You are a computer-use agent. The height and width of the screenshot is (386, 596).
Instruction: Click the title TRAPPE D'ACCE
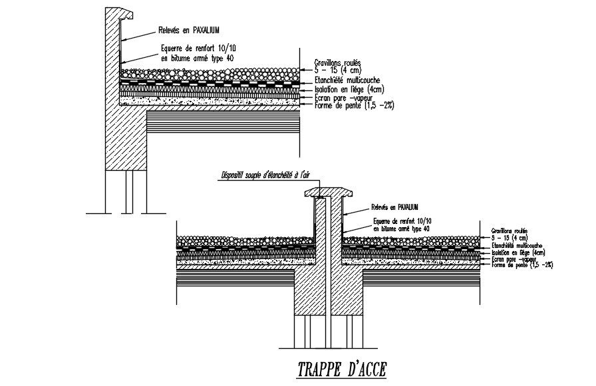coord(341,369)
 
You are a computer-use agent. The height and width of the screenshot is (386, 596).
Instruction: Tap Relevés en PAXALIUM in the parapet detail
coord(189,31)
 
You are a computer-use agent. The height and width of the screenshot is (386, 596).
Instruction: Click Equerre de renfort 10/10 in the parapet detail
coord(198,48)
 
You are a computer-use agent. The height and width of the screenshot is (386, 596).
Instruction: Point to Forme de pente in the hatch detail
coord(522,265)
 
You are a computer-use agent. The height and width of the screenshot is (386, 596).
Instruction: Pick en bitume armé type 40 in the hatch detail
coord(401,228)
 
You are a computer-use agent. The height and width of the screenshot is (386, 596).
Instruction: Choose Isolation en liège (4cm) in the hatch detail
coord(518,252)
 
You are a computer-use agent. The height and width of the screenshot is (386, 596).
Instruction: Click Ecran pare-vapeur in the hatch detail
coord(513,259)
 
